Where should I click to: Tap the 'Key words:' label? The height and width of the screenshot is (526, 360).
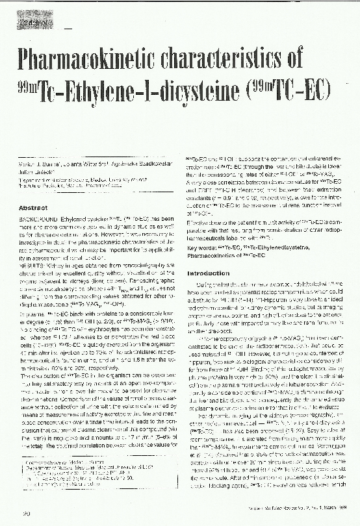tap(201, 248)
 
